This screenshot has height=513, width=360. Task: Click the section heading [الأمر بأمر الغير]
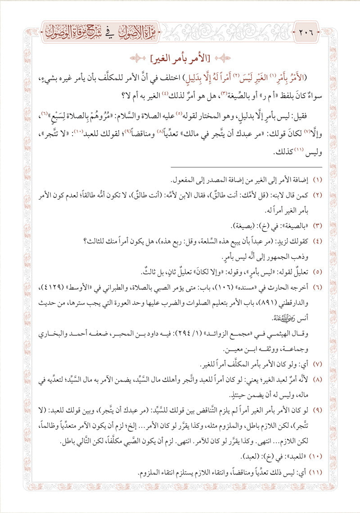[180, 58]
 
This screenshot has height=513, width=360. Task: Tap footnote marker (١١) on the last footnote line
[317, 472]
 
